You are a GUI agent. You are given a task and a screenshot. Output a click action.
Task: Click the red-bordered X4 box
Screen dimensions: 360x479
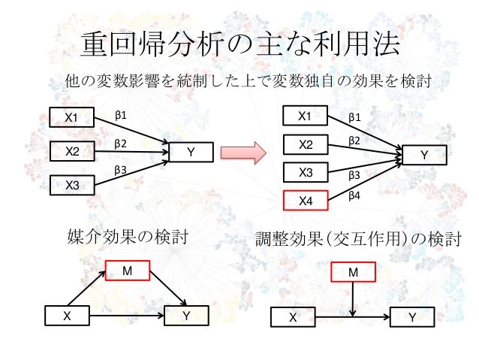[x=306, y=201]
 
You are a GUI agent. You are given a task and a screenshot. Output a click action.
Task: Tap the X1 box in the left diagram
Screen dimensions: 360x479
[x=71, y=117]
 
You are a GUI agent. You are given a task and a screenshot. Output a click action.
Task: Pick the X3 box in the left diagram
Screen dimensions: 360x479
[x=72, y=184]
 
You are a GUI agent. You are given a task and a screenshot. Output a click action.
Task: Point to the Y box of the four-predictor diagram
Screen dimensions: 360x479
[x=424, y=155]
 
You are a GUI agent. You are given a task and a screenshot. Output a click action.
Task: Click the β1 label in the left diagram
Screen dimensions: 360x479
[x=120, y=115]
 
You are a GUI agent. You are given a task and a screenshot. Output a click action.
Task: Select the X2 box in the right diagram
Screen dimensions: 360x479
[x=306, y=144]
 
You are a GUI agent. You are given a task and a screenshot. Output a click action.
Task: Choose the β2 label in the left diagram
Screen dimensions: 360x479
[x=120, y=142]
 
